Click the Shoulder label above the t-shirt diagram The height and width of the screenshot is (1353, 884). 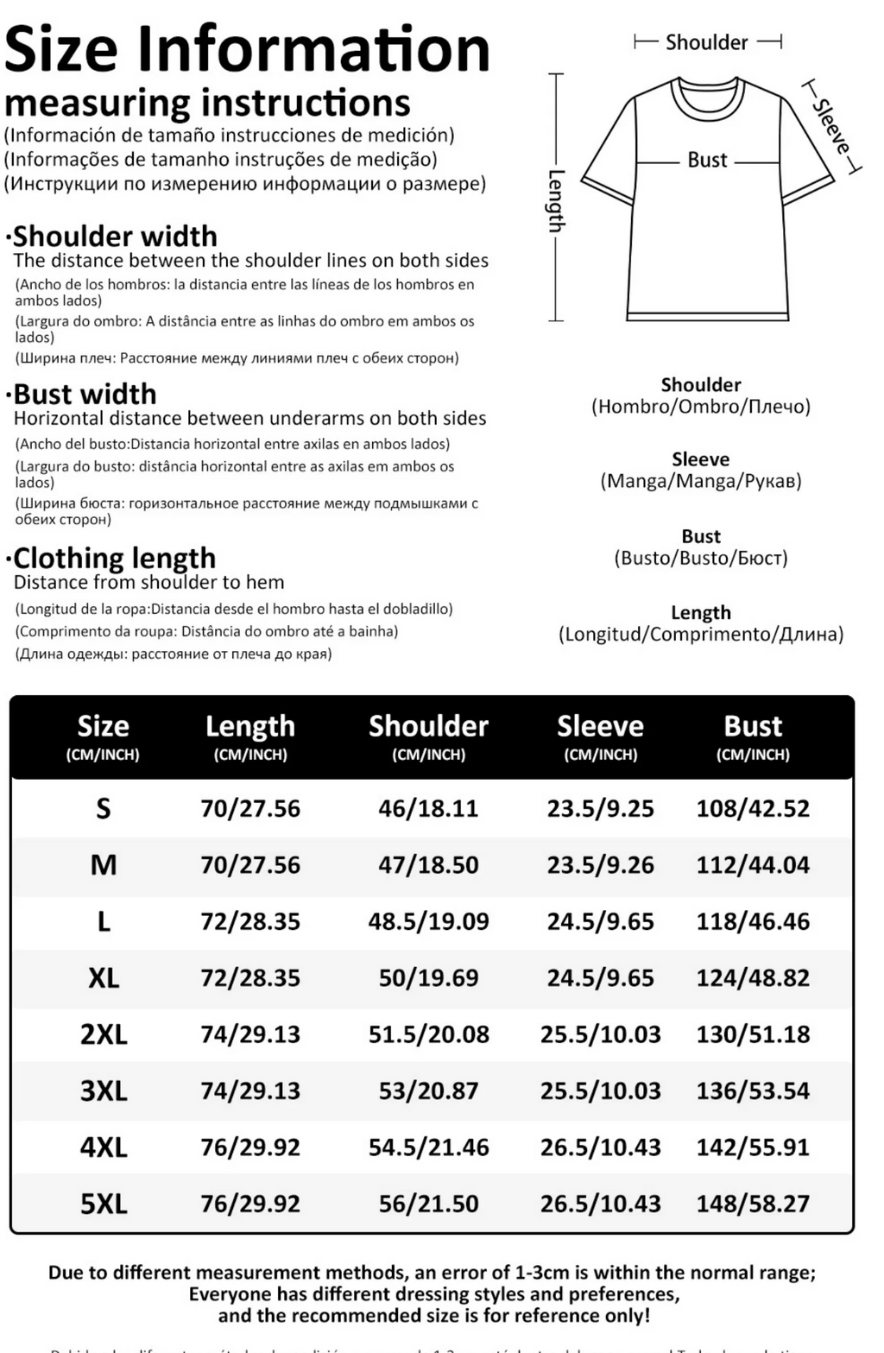pos(706,42)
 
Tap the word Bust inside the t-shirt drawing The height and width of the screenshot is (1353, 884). pos(707,160)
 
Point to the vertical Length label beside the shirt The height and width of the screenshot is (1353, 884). pos(556,200)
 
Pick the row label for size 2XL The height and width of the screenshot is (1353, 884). pos(104,1034)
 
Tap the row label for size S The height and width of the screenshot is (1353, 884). pos(104,809)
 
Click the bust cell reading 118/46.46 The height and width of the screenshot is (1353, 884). pos(753,921)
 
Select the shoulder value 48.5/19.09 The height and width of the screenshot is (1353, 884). pos(428,921)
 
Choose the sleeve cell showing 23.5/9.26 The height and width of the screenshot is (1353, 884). pos(600,865)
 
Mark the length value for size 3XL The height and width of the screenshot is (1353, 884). pos(250,1091)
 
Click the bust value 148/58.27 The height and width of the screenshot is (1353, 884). pos(753,1204)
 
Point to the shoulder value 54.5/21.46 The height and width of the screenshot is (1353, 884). pos(428,1148)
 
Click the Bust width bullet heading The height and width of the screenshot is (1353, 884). pos(85,395)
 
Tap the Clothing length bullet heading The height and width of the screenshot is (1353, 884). pos(114,558)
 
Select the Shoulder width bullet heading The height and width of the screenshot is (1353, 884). pos(115,237)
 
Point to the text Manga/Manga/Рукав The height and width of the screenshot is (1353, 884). pos(701,482)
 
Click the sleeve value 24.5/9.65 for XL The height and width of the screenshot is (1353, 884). pos(600,978)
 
